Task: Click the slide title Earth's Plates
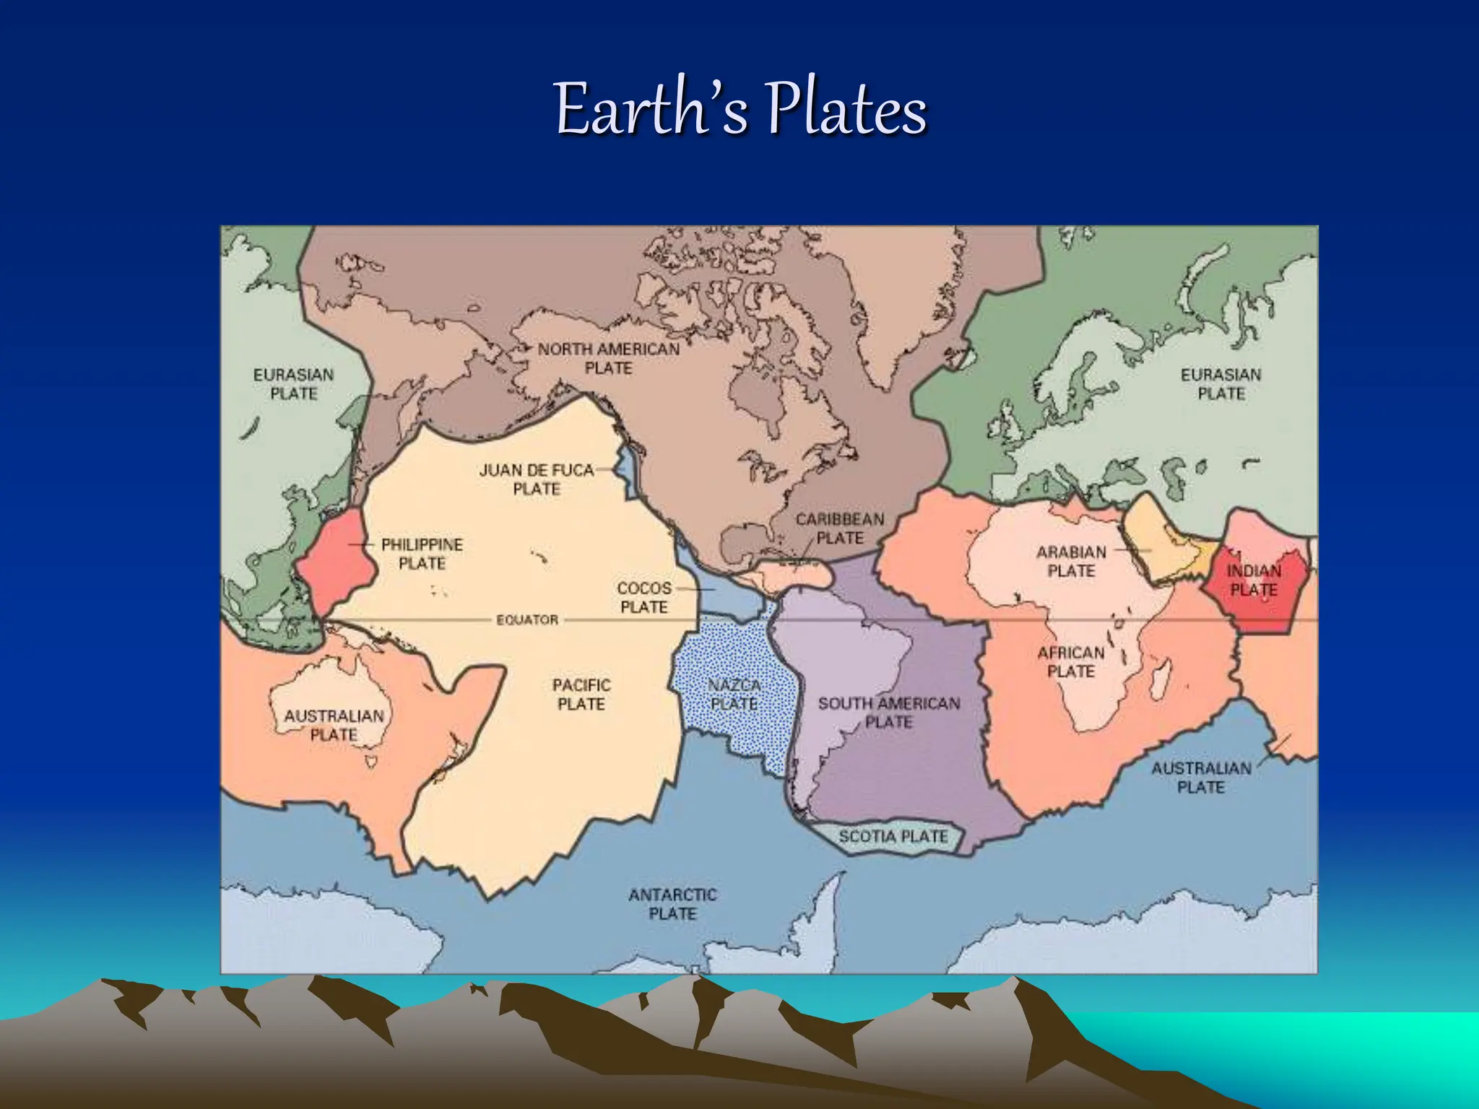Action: click(x=740, y=110)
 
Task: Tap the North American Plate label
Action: click(x=609, y=359)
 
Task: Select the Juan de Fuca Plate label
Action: click(x=537, y=479)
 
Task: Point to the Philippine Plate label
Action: click(x=422, y=554)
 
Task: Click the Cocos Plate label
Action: click(x=644, y=598)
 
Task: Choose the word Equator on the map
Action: click(x=527, y=619)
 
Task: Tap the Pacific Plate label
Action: click(x=581, y=694)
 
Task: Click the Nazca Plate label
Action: click(x=734, y=694)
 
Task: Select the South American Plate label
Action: click(x=889, y=713)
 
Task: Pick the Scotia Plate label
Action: click(x=893, y=837)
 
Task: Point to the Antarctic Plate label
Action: click(x=672, y=904)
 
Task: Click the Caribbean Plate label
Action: click(x=840, y=529)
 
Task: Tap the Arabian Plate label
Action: click(x=1071, y=562)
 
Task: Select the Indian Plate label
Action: click(x=1254, y=580)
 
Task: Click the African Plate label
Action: click(x=1071, y=662)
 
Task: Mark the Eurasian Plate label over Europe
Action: click(x=1221, y=384)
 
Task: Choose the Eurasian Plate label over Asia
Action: click(x=293, y=384)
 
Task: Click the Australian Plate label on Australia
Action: click(x=334, y=725)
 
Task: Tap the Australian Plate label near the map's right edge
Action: click(x=1201, y=778)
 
